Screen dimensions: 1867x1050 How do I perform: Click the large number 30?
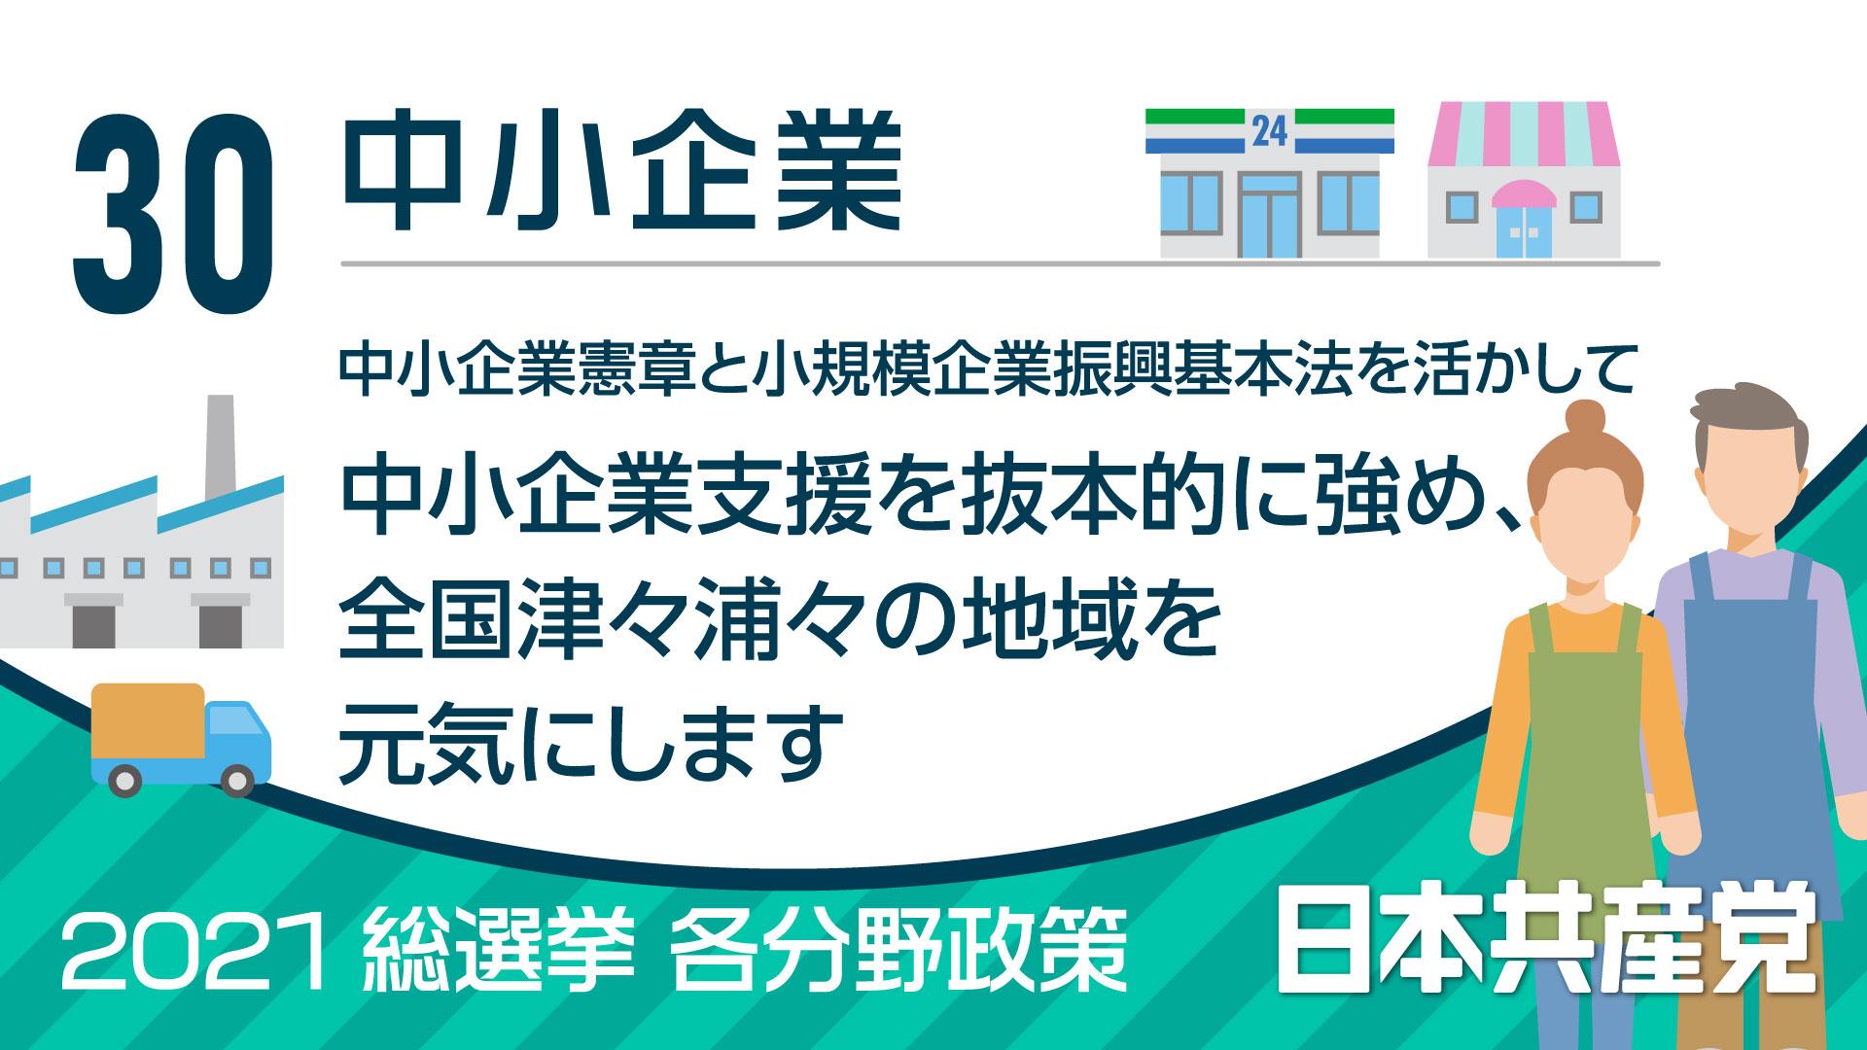tap(171, 211)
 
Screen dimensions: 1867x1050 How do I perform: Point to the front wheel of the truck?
tap(236, 779)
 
